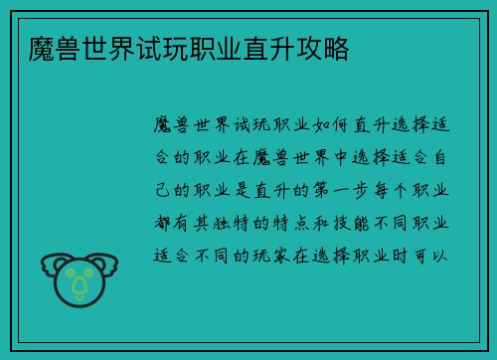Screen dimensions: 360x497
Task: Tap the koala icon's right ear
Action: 107,264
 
